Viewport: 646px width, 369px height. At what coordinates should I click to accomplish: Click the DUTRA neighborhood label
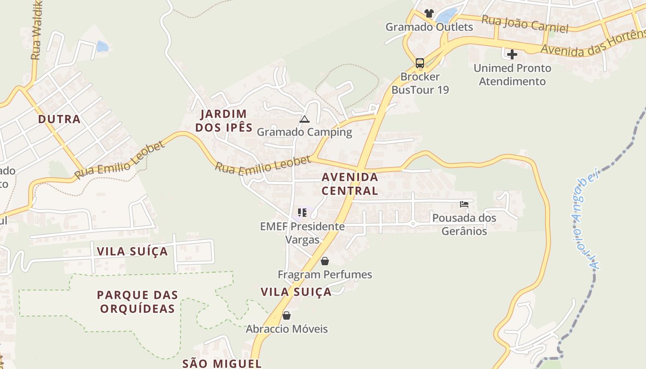59,119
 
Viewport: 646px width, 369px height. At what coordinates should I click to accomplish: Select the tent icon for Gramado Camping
304,119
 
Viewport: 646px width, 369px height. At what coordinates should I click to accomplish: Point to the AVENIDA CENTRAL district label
350,184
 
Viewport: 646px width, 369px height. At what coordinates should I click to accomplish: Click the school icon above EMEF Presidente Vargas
302,213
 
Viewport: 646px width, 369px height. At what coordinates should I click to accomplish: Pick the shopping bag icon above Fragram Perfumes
325,261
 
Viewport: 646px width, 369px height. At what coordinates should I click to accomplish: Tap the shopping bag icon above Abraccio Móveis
287,315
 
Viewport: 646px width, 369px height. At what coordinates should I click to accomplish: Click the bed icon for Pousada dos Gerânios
464,204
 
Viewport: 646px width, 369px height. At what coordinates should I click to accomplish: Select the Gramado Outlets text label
429,27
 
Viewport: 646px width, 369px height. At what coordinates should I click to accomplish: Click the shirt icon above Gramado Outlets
429,13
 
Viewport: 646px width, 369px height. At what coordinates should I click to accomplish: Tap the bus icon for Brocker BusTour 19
419,63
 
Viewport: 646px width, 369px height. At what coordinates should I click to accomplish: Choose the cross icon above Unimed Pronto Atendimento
512,54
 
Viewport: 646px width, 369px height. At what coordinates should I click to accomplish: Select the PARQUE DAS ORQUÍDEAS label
138,302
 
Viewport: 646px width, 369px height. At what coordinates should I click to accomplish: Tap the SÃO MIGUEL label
222,363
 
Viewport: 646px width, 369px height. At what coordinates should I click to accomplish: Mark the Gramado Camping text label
304,132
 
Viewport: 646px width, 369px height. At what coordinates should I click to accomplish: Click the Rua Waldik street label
37,30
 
